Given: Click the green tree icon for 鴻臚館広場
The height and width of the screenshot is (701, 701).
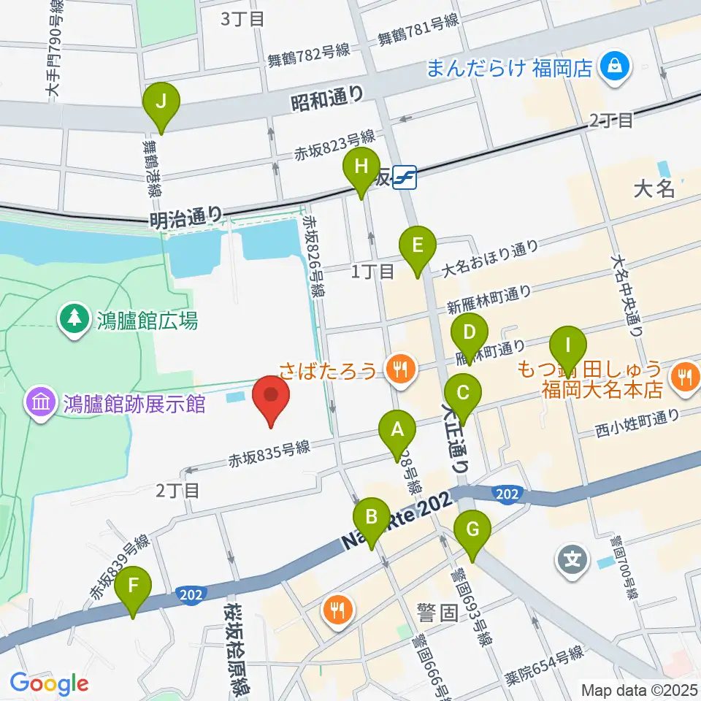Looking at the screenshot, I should coord(74,319).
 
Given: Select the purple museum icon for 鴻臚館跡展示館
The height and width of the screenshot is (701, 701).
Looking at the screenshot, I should coord(39,402).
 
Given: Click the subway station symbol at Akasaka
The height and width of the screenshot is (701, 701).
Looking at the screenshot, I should coord(404,177).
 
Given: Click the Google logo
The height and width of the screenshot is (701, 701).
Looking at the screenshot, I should coord(49,683).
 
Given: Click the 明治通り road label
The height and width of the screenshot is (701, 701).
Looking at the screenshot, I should coord(185,216).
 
